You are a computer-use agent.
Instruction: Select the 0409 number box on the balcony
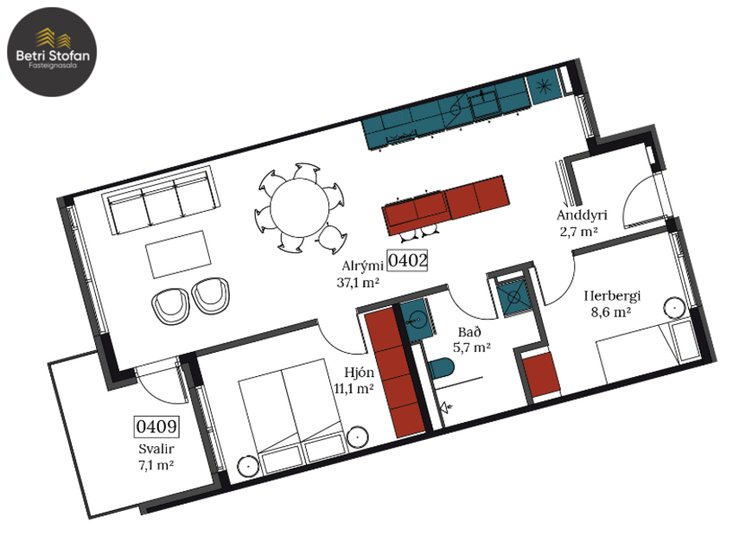156,426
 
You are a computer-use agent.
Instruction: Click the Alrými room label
362,266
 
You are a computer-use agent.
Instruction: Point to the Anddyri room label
578,216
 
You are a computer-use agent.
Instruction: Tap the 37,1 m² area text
359,282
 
